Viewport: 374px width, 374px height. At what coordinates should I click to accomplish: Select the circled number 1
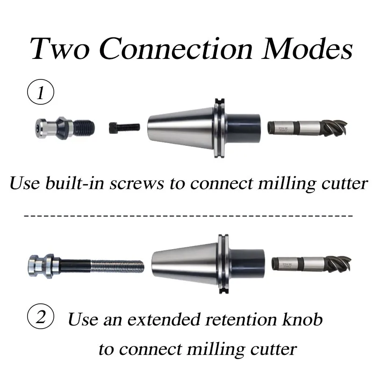(x=41, y=92)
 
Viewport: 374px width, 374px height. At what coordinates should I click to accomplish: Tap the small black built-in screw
(x=124, y=126)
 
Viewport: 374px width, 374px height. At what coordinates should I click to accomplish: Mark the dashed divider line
(x=187, y=216)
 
